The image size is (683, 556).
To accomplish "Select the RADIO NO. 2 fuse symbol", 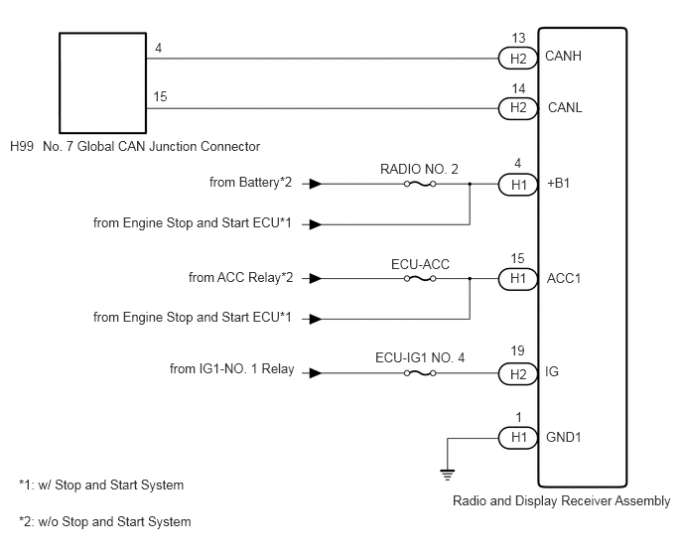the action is (x=420, y=185).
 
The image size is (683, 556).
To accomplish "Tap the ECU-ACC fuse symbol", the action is (x=420, y=278).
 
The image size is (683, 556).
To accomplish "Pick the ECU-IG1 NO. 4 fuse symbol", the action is (x=420, y=373).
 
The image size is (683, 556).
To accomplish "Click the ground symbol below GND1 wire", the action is (x=448, y=474).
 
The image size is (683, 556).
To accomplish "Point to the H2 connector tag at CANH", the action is (x=517, y=59).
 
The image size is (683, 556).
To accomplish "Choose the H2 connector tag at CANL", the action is (x=517, y=107).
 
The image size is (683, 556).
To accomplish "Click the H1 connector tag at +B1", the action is (x=517, y=185).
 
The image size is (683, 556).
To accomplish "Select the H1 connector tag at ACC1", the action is (x=517, y=278).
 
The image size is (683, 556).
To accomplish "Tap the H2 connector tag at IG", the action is (x=517, y=374).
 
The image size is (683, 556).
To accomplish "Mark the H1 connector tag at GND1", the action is (x=517, y=438).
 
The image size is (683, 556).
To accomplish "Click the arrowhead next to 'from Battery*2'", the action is (x=316, y=185).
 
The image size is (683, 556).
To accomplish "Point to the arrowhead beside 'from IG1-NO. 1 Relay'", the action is (x=316, y=373).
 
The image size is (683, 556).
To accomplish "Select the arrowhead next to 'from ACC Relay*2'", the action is (x=316, y=278).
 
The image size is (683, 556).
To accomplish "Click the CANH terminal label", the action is (x=563, y=57).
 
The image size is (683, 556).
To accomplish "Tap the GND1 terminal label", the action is (x=564, y=437).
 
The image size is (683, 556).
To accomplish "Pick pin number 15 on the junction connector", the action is (x=160, y=96).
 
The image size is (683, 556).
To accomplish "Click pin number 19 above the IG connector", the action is (x=517, y=350).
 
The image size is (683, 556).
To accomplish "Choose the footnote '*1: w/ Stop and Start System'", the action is (x=101, y=485).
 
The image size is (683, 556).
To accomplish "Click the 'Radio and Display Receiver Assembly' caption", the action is (x=562, y=501).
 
